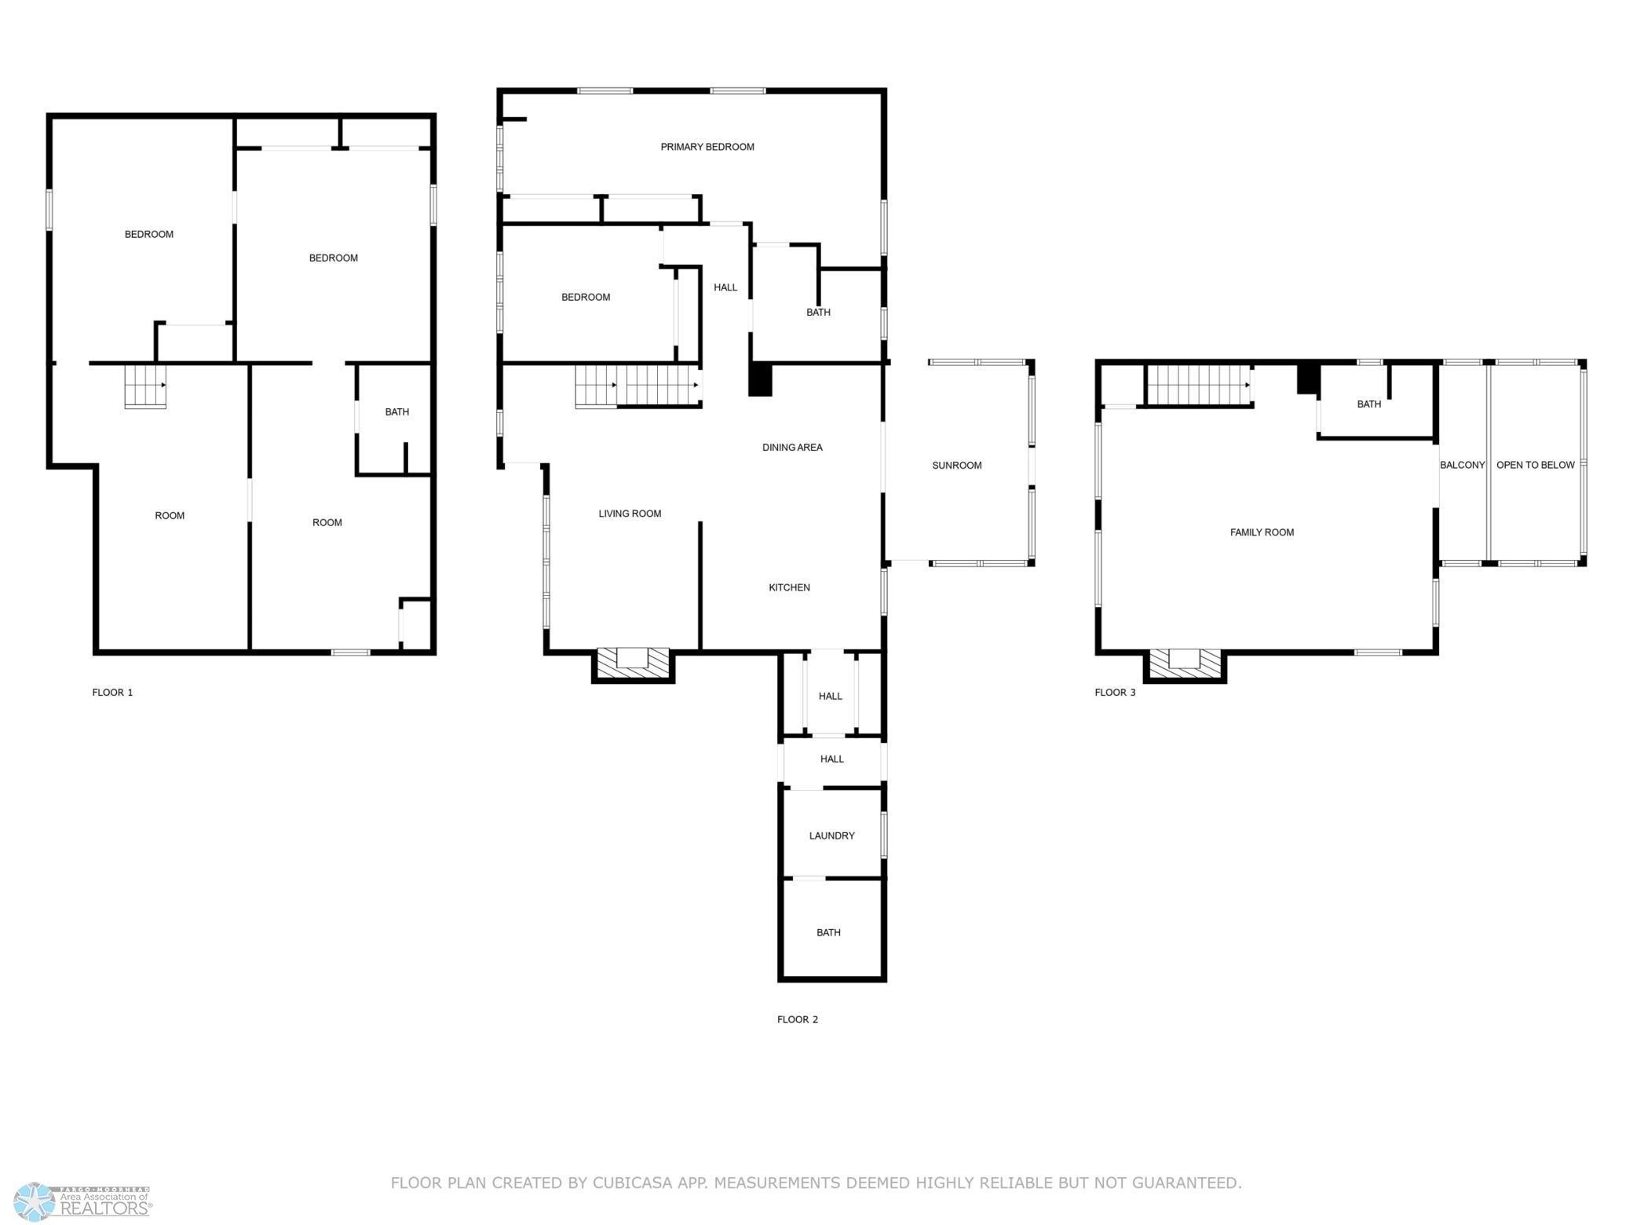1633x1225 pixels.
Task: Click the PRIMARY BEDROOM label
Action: click(707, 147)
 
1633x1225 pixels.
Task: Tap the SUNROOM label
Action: click(956, 466)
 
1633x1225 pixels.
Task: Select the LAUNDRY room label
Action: click(831, 836)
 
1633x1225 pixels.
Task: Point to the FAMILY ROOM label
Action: click(1261, 532)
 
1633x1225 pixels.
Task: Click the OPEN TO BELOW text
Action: click(1535, 465)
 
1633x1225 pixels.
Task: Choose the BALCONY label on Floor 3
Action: click(1462, 465)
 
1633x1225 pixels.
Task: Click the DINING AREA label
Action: click(791, 448)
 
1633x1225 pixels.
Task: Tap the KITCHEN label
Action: click(789, 587)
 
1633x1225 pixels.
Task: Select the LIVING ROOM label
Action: click(630, 514)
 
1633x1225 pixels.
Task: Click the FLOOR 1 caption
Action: click(112, 693)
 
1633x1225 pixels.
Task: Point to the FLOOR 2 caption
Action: click(797, 1019)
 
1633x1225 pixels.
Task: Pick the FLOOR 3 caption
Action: click(1115, 693)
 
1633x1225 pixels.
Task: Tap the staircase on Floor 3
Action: click(1198, 385)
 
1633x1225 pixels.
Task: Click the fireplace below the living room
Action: click(633, 664)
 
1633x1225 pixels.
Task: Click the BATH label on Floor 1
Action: click(396, 412)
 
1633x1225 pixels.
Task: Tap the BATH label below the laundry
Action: click(828, 933)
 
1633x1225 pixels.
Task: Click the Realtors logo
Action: click(83, 1201)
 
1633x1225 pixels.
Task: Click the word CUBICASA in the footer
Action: click(634, 1183)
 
